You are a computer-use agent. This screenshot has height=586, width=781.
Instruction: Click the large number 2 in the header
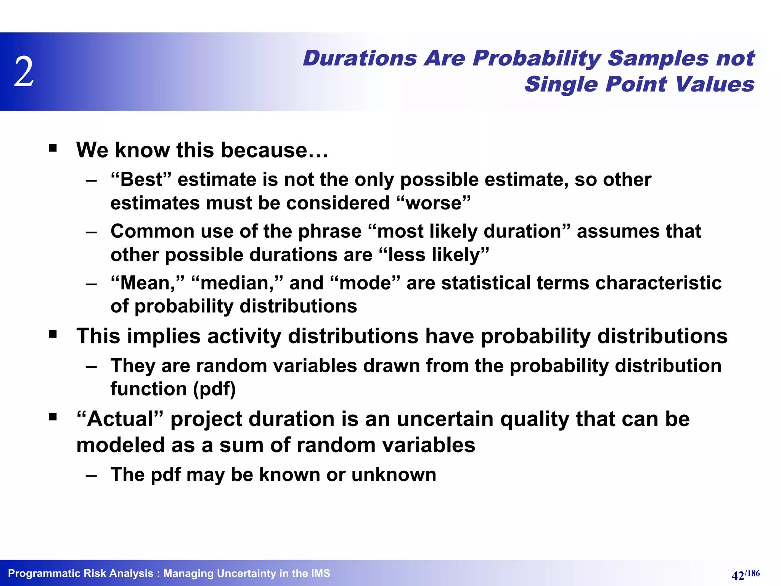click(24, 71)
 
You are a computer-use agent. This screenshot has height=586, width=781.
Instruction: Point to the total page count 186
click(753, 573)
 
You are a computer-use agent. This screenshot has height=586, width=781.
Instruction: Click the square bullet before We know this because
click(53, 148)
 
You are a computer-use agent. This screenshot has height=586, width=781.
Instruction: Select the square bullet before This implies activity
click(53, 335)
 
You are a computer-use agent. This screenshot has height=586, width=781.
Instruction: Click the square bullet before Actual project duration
click(53, 417)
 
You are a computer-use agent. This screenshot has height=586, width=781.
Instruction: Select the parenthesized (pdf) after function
click(214, 389)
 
